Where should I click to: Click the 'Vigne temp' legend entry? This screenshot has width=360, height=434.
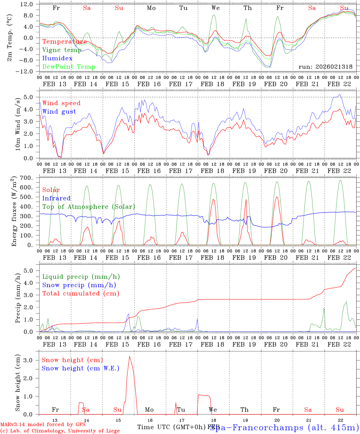[x=62, y=50]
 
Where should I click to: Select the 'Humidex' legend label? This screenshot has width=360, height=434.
[x=57, y=58]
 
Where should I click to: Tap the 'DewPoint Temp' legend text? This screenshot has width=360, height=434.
[x=69, y=67]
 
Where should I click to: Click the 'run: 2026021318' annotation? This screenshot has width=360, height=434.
[x=325, y=67]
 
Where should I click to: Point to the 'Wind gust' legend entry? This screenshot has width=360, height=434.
[x=59, y=112]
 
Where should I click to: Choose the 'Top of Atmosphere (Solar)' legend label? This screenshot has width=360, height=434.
[x=89, y=207]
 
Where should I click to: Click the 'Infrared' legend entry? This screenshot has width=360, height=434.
[x=56, y=198]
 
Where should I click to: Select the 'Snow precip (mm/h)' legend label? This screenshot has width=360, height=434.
[x=79, y=285]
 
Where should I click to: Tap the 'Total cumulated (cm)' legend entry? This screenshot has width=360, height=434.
[x=81, y=293]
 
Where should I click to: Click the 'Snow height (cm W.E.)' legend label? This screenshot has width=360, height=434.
[x=81, y=368]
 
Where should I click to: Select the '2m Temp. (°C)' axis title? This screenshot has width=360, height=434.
[x=10, y=38]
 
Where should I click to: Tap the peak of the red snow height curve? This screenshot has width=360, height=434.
[x=129, y=357]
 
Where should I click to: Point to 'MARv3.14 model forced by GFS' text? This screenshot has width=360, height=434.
[x=43, y=425]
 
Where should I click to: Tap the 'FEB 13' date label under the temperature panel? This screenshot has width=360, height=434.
[x=55, y=84]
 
